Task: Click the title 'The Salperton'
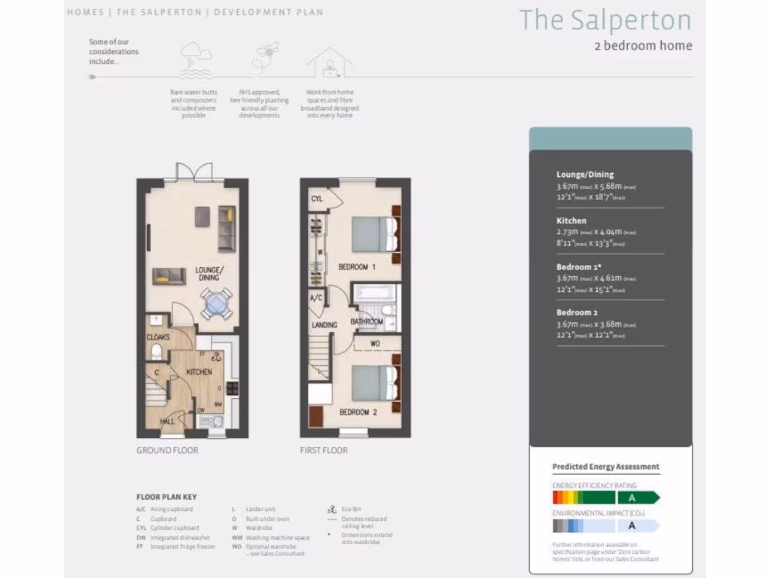pos(605,20)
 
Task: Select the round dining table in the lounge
pos(216,304)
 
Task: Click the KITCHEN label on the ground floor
pos(200,372)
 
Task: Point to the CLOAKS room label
pos(157,337)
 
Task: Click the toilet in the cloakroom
pos(157,352)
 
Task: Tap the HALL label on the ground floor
pos(167,421)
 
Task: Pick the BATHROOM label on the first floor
pos(367,321)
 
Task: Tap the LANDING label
pos(324,325)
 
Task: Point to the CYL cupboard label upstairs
pos(317,198)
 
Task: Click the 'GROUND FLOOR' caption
pos(167,450)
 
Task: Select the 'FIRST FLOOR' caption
pos(324,450)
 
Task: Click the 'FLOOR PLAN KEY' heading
pos(166,497)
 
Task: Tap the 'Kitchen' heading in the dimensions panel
pos(571,221)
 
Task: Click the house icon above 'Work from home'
pos(329,65)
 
